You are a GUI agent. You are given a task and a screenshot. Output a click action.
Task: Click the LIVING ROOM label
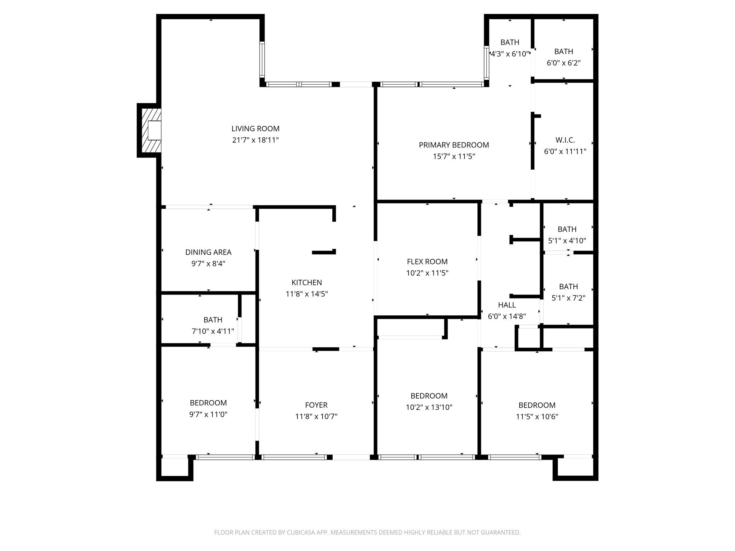coord(255,128)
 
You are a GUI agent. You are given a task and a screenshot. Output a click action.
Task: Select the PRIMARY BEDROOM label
coord(454,145)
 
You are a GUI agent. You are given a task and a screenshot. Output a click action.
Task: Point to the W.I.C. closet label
coord(565,140)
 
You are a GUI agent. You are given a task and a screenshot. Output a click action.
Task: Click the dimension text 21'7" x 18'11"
coord(255,140)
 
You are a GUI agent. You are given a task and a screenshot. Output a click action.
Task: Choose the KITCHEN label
coord(306,282)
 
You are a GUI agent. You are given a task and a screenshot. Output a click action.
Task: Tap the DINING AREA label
coord(208,252)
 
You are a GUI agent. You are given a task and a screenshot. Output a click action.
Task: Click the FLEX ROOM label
coord(427,262)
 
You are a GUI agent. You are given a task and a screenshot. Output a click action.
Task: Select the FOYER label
coord(316,405)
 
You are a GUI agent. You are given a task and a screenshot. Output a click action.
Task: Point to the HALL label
coord(507,305)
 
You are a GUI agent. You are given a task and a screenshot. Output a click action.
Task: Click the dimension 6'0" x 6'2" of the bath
coord(563,63)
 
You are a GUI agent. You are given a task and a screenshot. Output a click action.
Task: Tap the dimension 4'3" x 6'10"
coord(510,54)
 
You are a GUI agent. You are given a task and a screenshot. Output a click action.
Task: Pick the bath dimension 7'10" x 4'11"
coord(213,331)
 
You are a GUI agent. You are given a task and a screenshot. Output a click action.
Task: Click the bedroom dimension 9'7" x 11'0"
coord(208,414)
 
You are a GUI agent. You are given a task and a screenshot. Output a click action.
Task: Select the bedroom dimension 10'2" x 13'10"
coord(429,407)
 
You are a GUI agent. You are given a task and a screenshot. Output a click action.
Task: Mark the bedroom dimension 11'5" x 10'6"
coord(537,416)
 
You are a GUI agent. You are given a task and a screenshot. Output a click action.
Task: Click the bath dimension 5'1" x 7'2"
coord(568,298)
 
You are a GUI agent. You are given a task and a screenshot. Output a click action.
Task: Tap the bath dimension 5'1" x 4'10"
coord(567,240)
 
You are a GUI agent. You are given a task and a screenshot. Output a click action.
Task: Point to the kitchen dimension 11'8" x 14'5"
coord(306,294)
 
